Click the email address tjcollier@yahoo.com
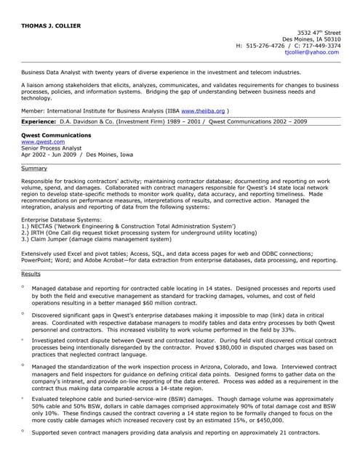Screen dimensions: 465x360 (312, 52)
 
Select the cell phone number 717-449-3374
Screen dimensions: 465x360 (319, 46)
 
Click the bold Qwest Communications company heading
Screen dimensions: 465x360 (56, 135)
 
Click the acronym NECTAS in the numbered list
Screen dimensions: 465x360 (46, 227)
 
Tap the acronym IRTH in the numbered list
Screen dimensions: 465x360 (41, 232)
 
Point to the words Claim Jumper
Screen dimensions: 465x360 (49, 238)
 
